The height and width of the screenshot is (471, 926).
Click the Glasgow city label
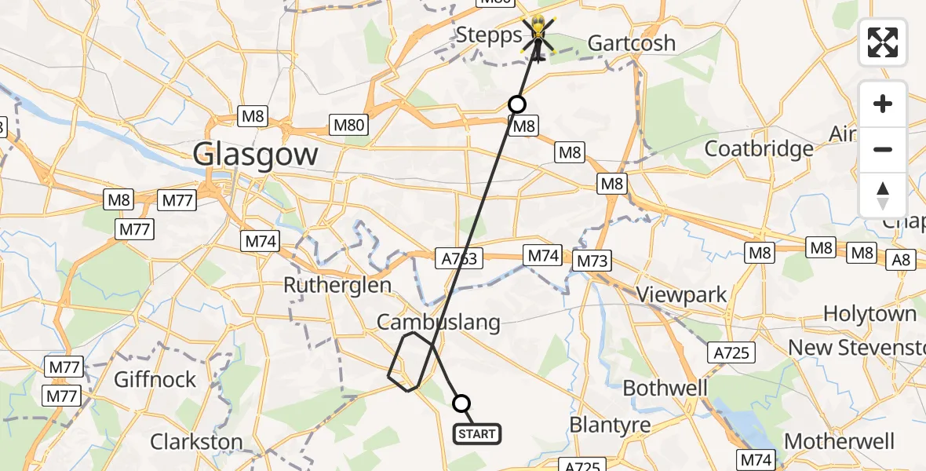pos(256,155)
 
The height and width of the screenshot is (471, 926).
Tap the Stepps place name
pos(489,35)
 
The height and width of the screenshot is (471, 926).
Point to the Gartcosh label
pos(631,42)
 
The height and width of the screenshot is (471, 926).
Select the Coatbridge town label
pos(758,148)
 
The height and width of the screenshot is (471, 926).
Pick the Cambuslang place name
pos(438,321)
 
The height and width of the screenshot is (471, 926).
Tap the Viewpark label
pos(681,294)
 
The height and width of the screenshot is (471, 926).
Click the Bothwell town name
pos(665,388)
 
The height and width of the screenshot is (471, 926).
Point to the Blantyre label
pos(610,425)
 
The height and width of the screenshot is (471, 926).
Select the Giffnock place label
pos(155,380)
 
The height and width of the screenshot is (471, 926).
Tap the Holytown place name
pos(869,314)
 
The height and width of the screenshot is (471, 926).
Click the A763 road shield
pos(458,257)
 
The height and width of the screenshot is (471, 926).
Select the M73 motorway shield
pos(592,261)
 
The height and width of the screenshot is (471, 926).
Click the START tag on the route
pos(476,434)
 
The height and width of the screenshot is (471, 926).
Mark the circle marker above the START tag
pos(461,403)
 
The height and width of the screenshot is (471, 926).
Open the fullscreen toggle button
pos(883,42)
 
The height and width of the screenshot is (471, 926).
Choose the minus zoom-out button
pos(883,149)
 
